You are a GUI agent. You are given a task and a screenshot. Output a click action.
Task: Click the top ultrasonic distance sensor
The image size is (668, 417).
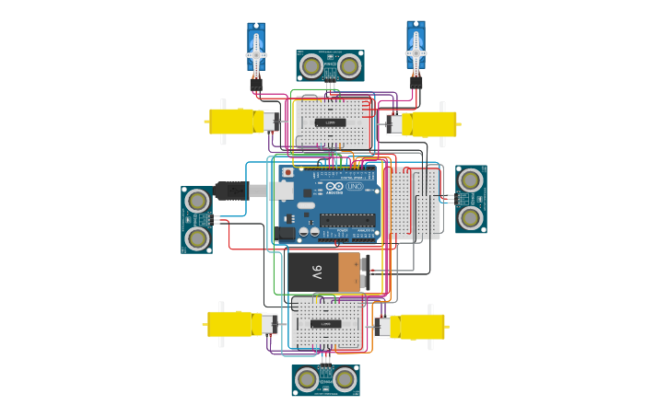[x=330, y=66]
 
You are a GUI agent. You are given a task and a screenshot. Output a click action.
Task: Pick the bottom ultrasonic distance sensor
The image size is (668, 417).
[x=325, y=379]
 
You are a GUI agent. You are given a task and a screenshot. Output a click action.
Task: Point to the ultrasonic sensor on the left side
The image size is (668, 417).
[x=196, y=219]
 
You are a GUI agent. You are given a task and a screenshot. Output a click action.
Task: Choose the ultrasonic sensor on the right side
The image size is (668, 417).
[x=471, y=199]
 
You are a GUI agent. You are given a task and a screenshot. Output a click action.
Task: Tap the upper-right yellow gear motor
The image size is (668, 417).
[x=426, y=124]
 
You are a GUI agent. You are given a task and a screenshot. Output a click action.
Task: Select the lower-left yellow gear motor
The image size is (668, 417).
[x=240, y=324]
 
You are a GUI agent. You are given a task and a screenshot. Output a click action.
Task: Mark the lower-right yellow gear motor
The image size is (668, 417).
[x=413, y=327]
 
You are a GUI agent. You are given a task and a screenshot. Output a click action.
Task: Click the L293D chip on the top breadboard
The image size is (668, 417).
[x=331, y=122]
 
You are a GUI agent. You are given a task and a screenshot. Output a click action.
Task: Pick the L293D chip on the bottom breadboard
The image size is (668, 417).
[x=326, y=324]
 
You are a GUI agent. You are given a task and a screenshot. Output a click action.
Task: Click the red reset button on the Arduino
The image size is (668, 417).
[x=287, y=172]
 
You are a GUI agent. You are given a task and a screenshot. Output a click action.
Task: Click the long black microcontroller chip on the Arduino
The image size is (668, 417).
[x=347, y=220]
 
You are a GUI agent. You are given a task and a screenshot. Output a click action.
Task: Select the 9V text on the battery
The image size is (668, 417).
[x=316, y=272]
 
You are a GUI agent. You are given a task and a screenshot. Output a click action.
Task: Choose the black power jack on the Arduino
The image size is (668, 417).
[x=286, y=234]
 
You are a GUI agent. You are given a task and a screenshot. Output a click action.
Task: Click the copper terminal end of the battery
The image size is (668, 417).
[x=351, y=272]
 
